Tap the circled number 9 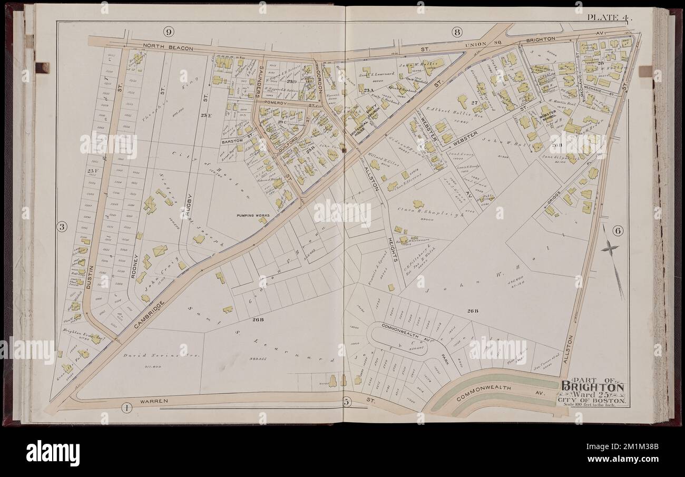click(169, 32)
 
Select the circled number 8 click(456, 32)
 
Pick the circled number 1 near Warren click(126, 406)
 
